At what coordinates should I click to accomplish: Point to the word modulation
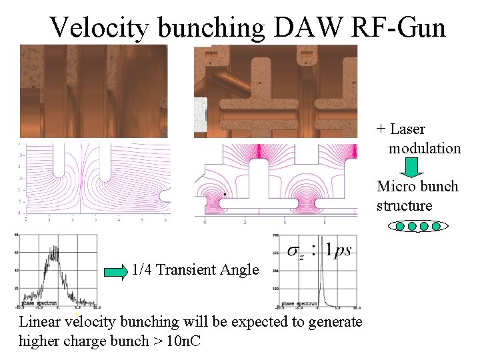pos(425,148)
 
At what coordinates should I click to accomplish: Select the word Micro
pos(395,187)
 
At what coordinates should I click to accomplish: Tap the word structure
pos(404,205)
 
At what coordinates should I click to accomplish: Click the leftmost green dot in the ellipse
pos(400,227)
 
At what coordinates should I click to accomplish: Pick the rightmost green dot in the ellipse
pos(436,227)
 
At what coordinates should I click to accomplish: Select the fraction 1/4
pos(141,270)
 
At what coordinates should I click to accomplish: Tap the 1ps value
pos(338,250)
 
